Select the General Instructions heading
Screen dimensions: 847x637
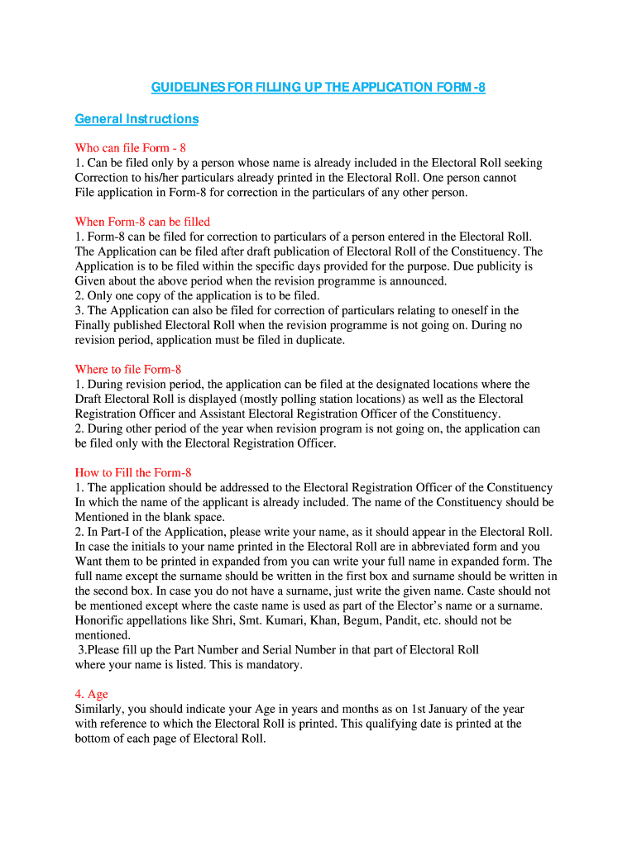click(x=136, y=119)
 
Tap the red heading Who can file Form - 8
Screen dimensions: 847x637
click(x=130, y=148)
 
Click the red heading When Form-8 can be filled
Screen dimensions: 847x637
click(x=142, y=222)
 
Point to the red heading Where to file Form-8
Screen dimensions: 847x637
click(x=127, y=370)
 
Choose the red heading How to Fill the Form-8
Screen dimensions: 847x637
click(x=133, y=473)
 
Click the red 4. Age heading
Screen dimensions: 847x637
click(x=91, y=695)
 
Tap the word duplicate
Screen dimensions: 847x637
click(x=318, y=340)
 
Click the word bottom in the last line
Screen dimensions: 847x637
click(x=93, y=739)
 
